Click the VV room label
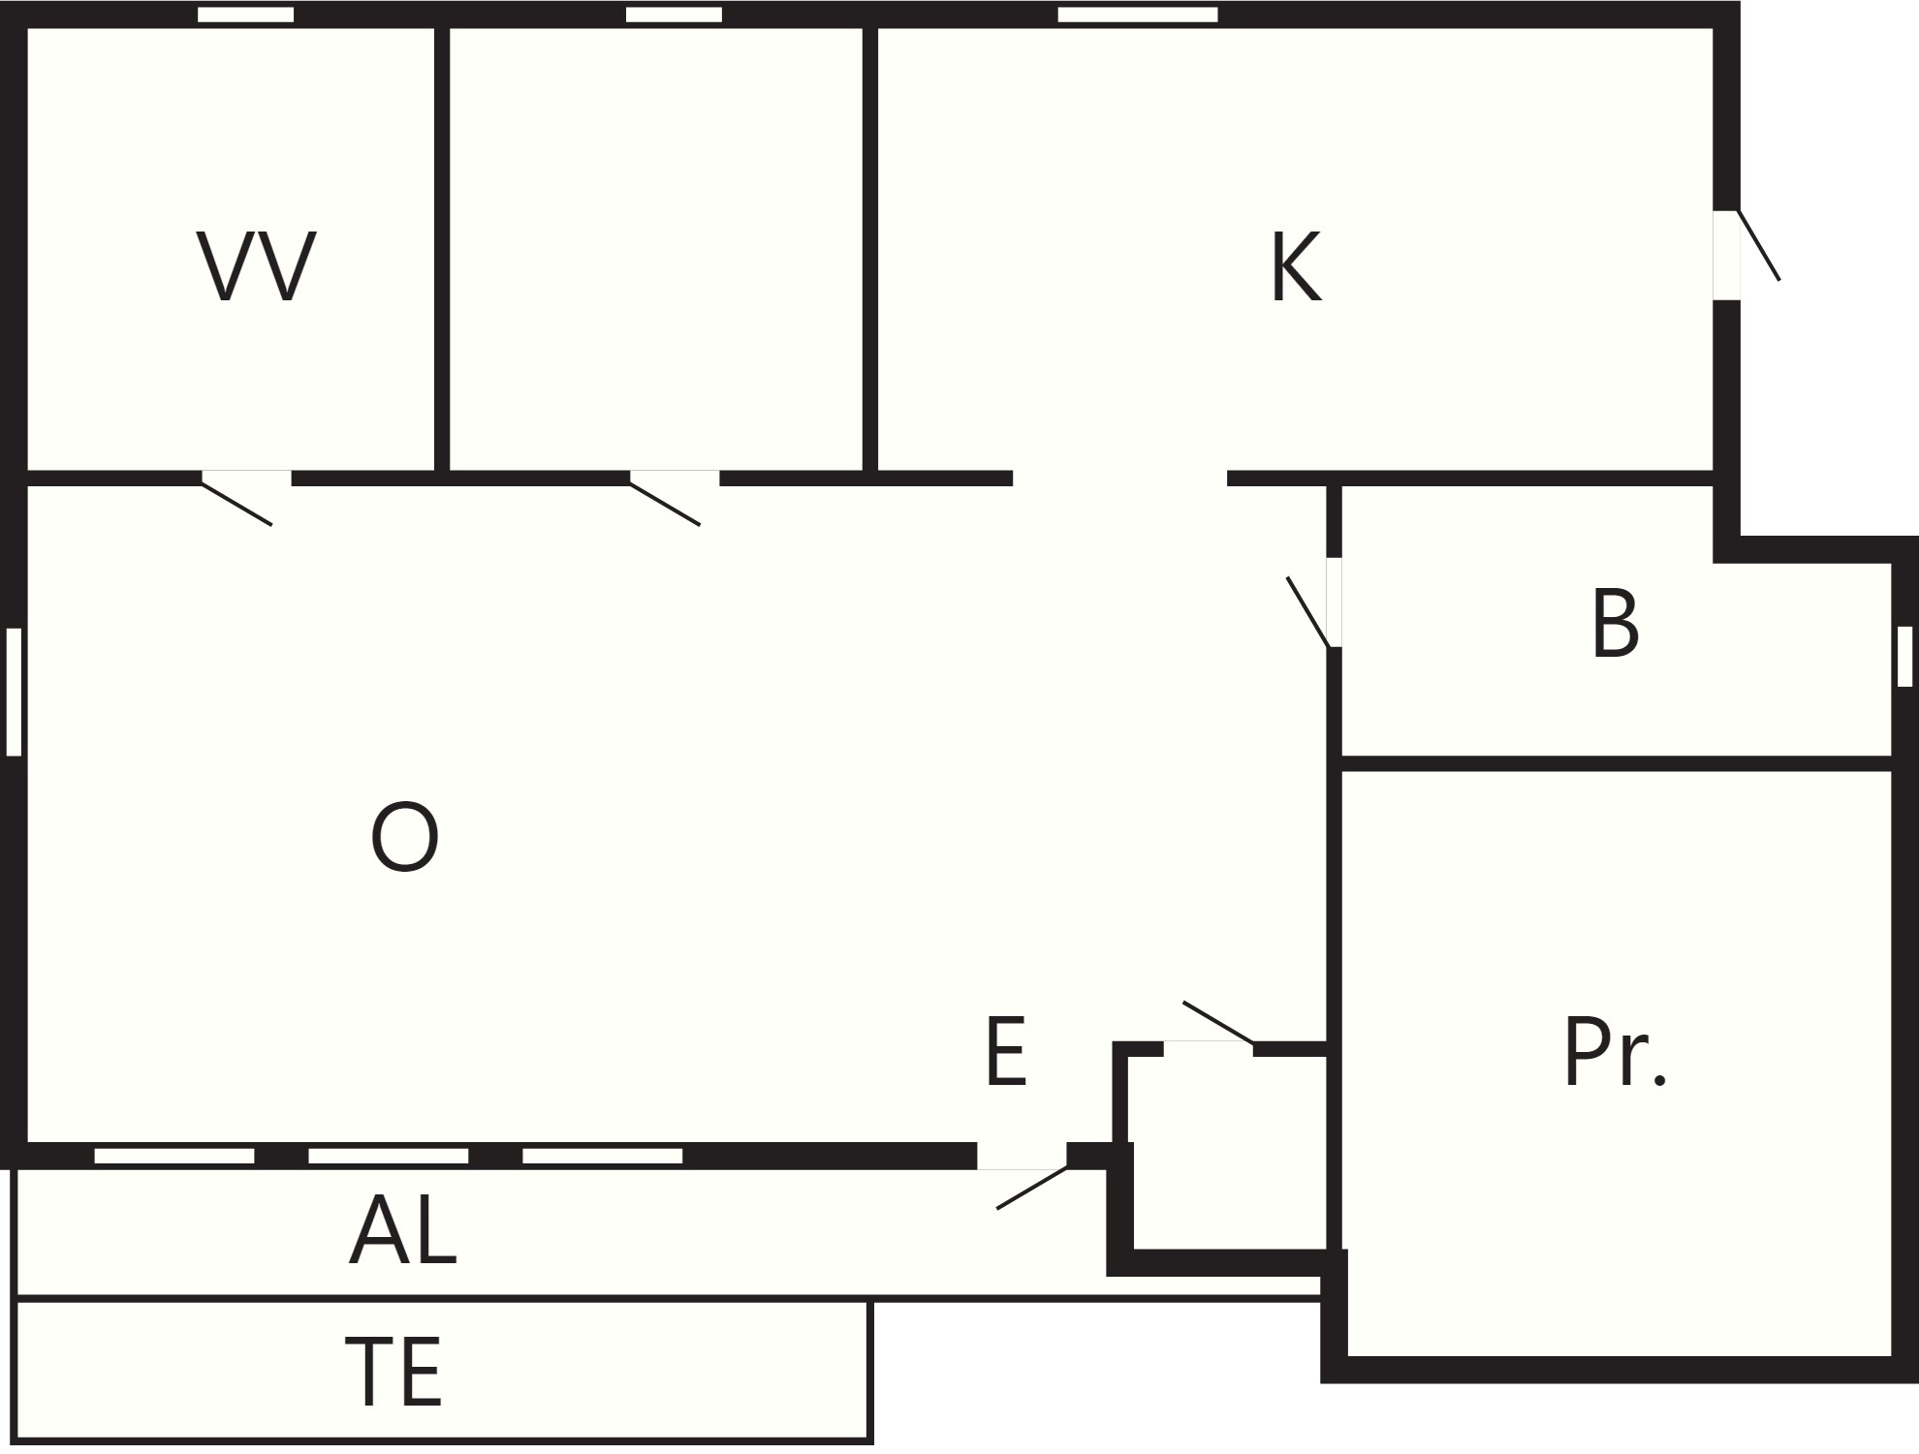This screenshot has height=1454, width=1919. click(257, 266)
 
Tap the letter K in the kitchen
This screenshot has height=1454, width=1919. click(1297, 266)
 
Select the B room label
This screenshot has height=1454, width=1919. click(1615, 624)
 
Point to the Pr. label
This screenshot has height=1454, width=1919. click(1615, 1053)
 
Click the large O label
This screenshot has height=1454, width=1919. click(405, 836)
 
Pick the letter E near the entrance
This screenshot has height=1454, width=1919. click(1005, 1051)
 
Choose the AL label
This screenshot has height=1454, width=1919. click(402, 1229)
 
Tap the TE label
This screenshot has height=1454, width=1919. click(393, 1372)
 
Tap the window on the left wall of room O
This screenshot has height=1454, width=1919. click(14, 692)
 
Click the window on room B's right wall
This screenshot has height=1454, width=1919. click(1904, 656)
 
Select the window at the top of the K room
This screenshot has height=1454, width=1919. click(1138, 15)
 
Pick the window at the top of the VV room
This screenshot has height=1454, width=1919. click(245, 15)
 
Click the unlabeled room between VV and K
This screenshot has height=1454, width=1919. click(656, 249)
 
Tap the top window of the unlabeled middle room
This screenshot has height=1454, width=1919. click(674, 15)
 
